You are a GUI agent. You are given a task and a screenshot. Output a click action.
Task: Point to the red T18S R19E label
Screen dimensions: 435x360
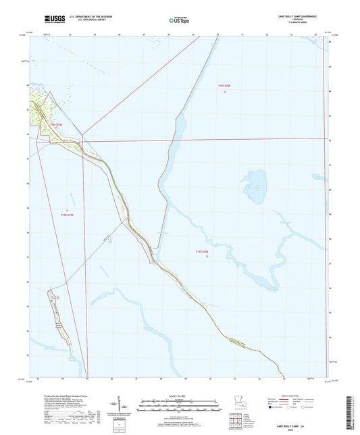point(55,125)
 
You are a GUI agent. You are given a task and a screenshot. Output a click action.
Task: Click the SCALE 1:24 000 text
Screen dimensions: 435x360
point(180,395)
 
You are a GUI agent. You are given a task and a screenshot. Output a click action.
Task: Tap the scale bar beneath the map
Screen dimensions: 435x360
point(180,405)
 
